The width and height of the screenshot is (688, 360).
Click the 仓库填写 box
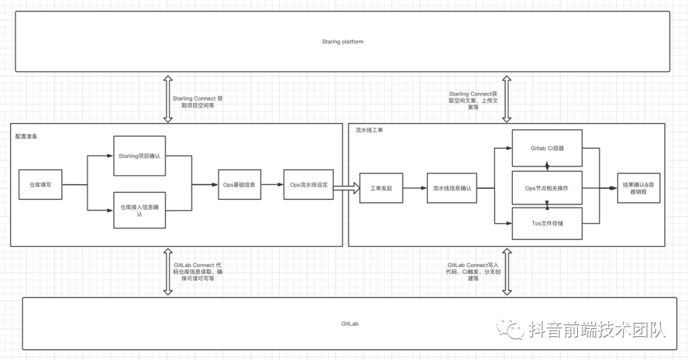(x=40, y=185)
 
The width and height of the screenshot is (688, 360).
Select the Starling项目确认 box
(x=139, y=155)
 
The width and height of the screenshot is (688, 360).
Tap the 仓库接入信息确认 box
(x=139, y=210)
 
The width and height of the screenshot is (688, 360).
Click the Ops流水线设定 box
(x=308, y=185)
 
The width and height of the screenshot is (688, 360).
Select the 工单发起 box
(x=381, y=188)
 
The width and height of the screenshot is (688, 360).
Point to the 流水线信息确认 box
(x=452, y=188)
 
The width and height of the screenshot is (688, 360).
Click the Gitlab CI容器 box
(x=547, y=148)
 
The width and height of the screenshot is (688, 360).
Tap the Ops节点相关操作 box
(x=547, y=188)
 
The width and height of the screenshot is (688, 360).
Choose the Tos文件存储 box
(x=547, y=223)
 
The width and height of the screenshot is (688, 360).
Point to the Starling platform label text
(x=342, y=41)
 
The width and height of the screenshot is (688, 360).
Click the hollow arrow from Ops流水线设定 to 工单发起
(x=346, y=188)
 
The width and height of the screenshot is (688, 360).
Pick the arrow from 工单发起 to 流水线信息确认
(x=415, y=188)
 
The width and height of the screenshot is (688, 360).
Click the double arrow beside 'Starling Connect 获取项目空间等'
(x=168, y=98)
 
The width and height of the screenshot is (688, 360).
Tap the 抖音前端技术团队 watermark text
(x=596, y=329)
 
